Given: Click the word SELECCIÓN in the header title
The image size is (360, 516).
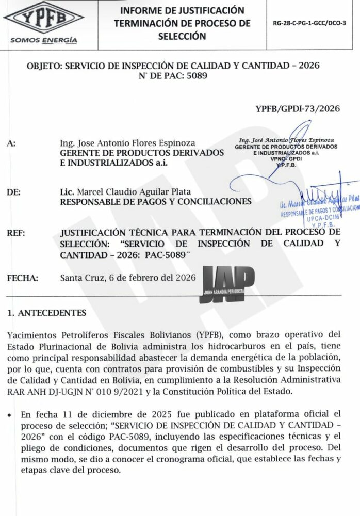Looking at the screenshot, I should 182,36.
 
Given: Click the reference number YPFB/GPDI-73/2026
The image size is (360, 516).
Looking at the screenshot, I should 298,108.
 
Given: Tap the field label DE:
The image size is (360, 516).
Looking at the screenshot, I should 14,192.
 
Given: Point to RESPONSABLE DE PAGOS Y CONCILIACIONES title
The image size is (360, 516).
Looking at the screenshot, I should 156,201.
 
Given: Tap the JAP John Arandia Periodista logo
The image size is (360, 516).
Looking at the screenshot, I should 226,282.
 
